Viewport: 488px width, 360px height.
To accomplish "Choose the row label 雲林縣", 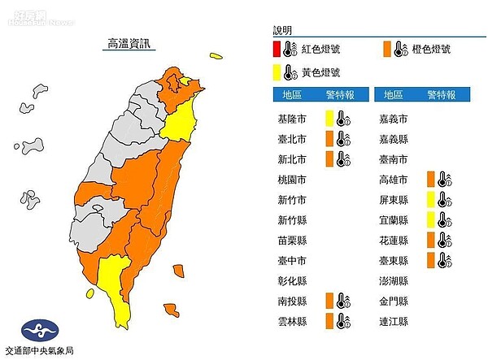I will pyautogui.click(x=293, y=321).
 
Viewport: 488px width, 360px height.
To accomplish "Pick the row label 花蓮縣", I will pyautogui.click(x=394, y=240).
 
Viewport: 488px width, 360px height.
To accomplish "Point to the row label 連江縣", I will pyautogui.click(x=394, y=321).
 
